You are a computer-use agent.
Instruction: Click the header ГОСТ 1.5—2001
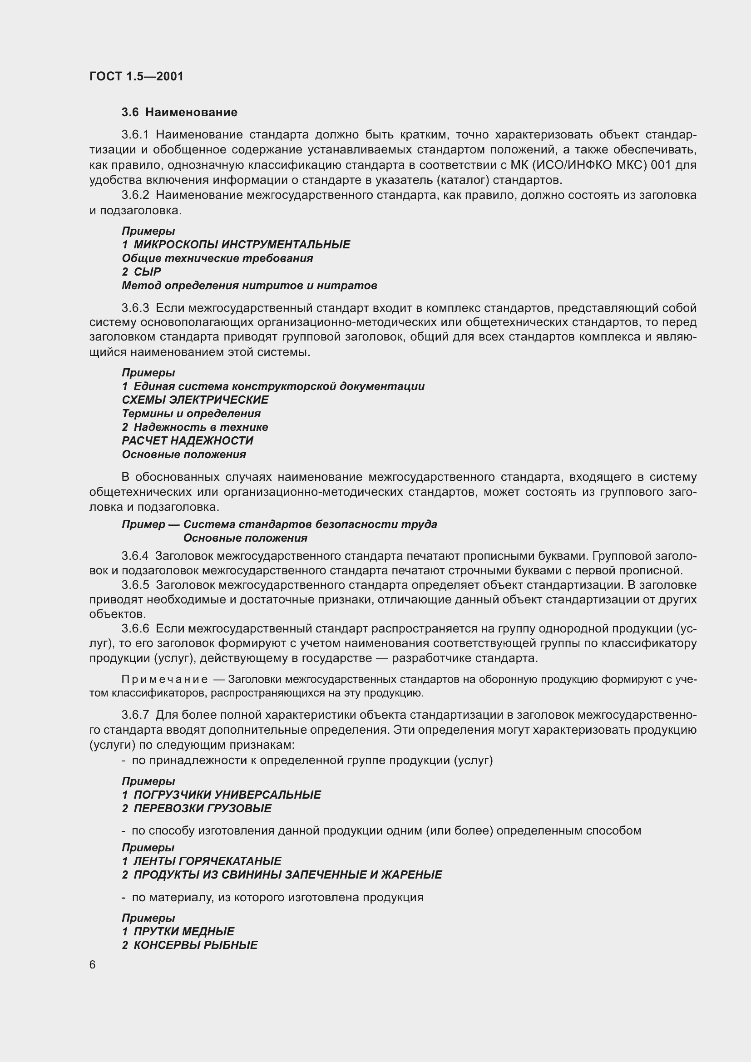click(x=136, y=76)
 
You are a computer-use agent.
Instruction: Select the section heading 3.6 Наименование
click(x=179, y=112)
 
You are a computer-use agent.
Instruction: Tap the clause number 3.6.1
click(x=135, y=134)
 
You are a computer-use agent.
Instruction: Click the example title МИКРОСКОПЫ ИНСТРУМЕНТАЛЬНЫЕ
click(x=242, y=244)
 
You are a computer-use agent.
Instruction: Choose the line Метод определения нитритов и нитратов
click(x=249, y=286)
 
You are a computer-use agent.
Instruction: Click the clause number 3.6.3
click(x=135, y=307)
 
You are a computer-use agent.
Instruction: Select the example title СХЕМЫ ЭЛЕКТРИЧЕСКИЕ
click(x=195, y=400)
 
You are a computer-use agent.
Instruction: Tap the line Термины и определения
click(x=191, y=414)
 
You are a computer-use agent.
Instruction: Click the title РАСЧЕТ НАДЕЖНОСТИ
click(x=187, y=441)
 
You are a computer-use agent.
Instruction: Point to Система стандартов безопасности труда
click(x=310, y=524)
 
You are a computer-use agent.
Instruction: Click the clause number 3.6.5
click(x=135, y=585)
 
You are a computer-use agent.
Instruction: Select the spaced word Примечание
click(x=165, y=680)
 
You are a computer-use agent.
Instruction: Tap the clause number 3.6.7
click(x=135, y=715)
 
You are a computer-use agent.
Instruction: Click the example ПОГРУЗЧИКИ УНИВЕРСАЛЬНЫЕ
click(x=227, y=795)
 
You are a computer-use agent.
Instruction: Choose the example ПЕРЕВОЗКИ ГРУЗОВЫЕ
click(x=203, y=809)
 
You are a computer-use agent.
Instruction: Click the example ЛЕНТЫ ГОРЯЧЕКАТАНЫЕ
click(x=207, y=861)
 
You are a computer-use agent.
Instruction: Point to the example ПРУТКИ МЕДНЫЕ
click(x=183, y=932)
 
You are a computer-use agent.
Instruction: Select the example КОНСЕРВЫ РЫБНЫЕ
click(x=195, y=945)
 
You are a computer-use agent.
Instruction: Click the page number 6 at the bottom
click(x=93, y=965)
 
